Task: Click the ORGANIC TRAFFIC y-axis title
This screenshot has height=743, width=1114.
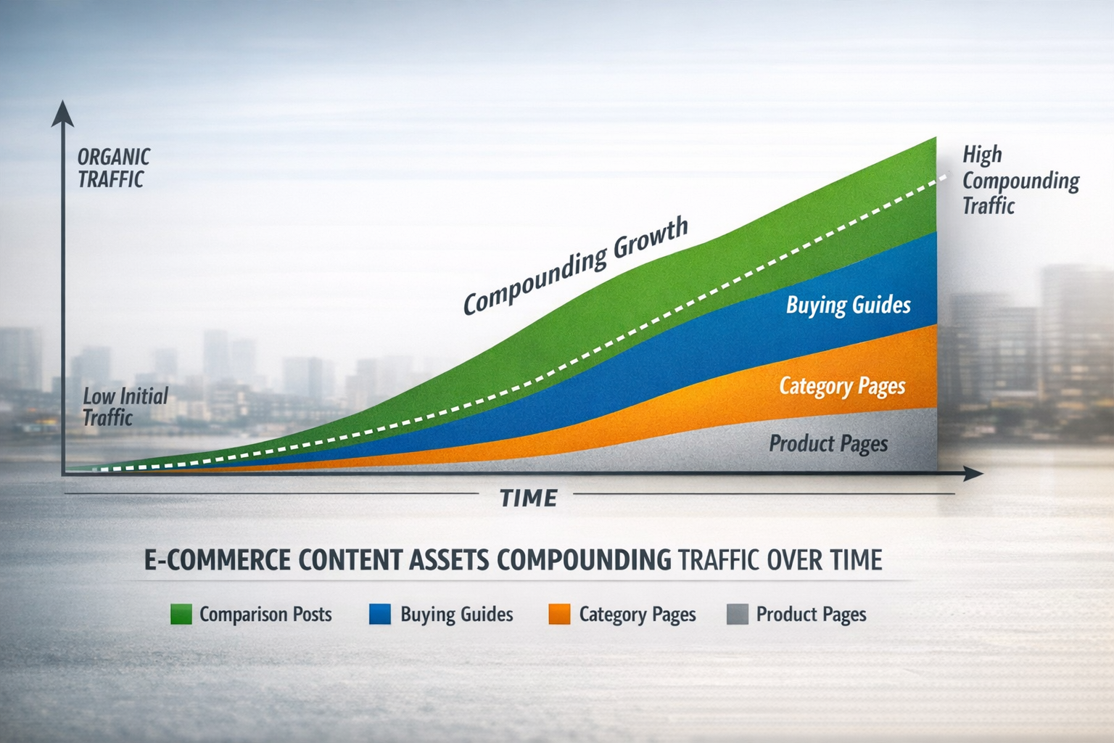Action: pos(114,168)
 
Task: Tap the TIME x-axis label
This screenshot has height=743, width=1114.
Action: pos(529,498)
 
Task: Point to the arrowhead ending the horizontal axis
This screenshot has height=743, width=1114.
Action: pos(973,474)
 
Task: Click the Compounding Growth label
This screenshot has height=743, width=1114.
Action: pos(576,266)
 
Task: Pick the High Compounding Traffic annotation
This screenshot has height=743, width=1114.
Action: pos(1020,180)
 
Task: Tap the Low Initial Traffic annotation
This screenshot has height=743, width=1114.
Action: pos(125,406)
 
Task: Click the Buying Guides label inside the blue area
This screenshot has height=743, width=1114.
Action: pos(848,305)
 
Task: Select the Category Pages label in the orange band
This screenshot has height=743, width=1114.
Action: pos(842,386)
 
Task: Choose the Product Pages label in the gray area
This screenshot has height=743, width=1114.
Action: pos(828,443)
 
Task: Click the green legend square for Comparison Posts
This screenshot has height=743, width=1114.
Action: pos(181,614)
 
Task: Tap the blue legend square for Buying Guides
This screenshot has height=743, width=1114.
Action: pos(380,614)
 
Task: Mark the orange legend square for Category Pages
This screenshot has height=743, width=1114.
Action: pos(559,614)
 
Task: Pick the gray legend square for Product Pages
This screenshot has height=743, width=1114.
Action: pos(738,614)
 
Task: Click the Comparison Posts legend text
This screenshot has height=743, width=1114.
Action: pos(265,615)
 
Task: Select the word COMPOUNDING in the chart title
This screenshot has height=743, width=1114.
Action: pos(584,560)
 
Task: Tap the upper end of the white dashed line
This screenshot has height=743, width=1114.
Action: pos(946,175)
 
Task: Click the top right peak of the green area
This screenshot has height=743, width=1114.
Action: pos(934,139)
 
